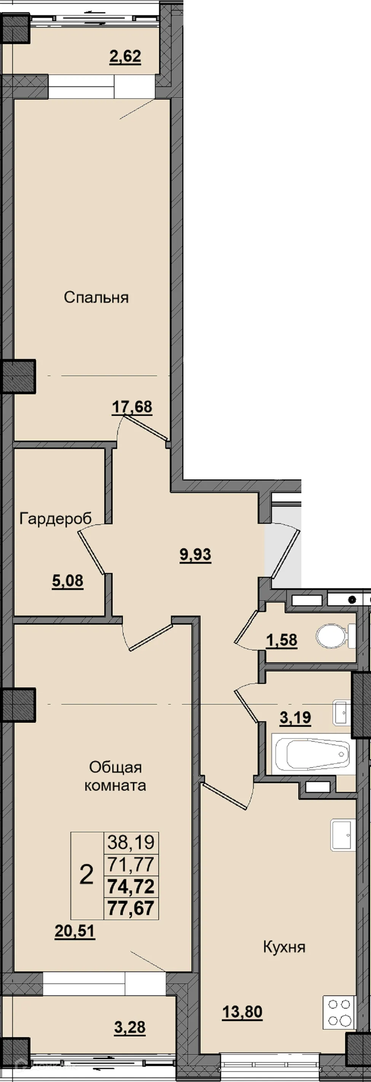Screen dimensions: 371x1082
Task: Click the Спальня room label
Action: tap(96, 298)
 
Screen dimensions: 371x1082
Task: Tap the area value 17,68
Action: tap(132, 407)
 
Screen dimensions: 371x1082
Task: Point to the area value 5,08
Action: tap(68, 581)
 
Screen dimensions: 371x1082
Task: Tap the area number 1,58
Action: tap(282, 641)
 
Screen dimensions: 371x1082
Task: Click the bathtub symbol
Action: tap(314, 754)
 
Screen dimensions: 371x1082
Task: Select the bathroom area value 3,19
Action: tap(295, 718)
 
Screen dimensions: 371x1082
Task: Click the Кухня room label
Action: tap(284, 947)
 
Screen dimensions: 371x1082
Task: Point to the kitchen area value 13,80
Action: tap(242, 1012)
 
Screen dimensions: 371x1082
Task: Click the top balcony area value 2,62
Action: tap(125, 56)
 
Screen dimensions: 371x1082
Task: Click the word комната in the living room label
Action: tap(115, 785)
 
